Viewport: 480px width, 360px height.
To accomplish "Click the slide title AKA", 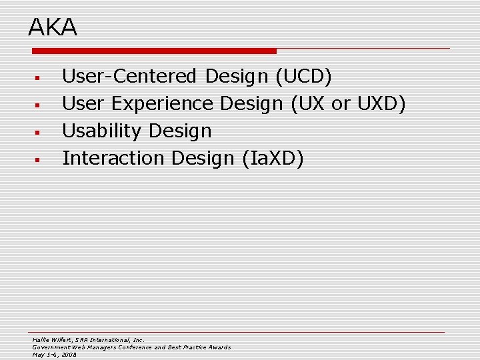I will pyautogui.click(x=53, y=27).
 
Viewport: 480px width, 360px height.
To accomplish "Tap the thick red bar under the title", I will pyautogui.click(x=153, y=51).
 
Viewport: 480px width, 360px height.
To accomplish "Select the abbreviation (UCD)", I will pyautogui.click(x=303, y=77).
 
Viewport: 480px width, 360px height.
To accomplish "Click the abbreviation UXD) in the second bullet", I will pyautogui.click(x=381, y=104).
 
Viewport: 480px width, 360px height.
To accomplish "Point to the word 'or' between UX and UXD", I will pyautogui.click(x=340, y=105).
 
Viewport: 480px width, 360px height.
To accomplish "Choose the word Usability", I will pyautogui.click(x=103, y=131).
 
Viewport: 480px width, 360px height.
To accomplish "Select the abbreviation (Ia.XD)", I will pyautogui.click(x=273, y=159).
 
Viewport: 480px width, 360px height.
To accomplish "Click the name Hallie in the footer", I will pyautogui.click(x=41, y=339).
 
